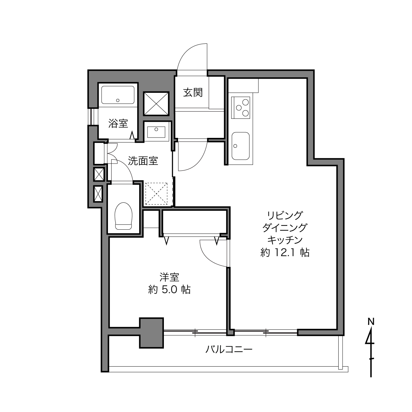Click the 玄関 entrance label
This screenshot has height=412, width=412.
click(193, 92)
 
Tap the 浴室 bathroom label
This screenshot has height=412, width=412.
click(118, 123)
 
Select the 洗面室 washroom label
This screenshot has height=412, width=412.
click(143, 161)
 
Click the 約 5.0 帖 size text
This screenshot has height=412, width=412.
click(169, 290)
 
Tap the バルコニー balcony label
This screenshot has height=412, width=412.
click(229, 350)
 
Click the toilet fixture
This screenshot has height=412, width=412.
click(123, 216)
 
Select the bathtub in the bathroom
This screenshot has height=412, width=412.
click(118, 95)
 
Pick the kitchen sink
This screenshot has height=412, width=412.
click(241, 146)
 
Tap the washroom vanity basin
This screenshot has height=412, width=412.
click(156, 132)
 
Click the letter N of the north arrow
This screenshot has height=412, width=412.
click(371, 327)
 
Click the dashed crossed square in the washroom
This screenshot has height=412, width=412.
click(156, 194)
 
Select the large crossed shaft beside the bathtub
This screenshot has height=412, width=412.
click(156, 104)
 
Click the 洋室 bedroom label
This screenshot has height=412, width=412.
click(169, 277)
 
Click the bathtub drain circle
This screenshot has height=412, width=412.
click(117, 100)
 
